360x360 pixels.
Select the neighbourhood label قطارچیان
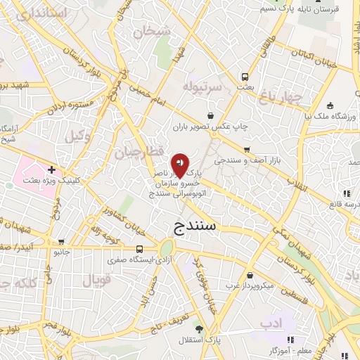click(139, 152)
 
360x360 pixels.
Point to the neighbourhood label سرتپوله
click(202, 86)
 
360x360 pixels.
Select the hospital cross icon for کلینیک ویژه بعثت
click(52, 169)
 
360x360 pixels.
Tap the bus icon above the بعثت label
click(245, 77)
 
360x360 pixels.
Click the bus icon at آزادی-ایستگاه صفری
click(140, 249)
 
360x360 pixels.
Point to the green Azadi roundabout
click(167, 247)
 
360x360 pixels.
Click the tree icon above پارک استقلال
click(200, 328)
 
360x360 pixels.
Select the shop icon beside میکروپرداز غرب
click(251, 275)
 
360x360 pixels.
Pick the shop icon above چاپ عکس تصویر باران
click(210, 116)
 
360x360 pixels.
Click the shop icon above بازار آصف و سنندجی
click(247, 149)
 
